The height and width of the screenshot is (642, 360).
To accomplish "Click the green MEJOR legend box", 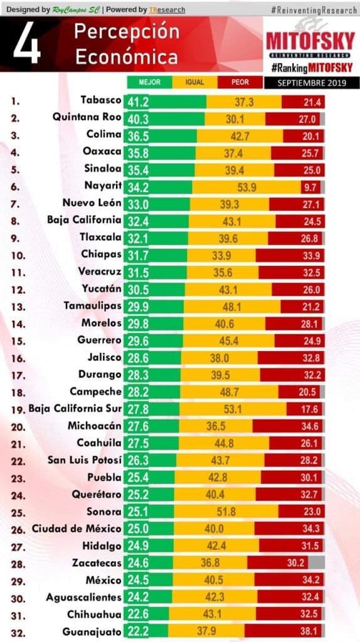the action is click(x=149, y=82).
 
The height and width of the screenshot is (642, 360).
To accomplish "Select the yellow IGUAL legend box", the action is click(x=194, y=82).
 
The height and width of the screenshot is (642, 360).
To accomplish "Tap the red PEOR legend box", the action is click(x=240, y=82).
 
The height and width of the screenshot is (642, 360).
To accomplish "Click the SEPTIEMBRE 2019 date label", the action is click(x=312, y=83).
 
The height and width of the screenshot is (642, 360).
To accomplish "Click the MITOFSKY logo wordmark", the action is click(x=310, y=41).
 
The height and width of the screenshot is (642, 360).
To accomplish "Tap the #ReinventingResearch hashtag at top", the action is click(x=314, y=10).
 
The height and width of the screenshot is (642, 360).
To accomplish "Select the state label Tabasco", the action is click(x=101, y=100).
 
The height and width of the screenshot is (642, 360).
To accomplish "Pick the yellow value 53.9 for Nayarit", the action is click(x=247, y=187).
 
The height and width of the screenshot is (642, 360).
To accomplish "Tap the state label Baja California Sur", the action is click(x=75, y=409).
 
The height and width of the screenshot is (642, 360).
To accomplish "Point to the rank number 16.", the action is click(x=18, y=359).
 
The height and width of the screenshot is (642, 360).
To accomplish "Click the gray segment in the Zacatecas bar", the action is click(x=316, y=562).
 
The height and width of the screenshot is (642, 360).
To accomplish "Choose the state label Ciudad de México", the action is click(x=77, y=529).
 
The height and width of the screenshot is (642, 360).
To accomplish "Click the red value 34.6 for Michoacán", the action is click(x=310, y=426).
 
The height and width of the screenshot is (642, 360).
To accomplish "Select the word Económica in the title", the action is click(x=127, y=57).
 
